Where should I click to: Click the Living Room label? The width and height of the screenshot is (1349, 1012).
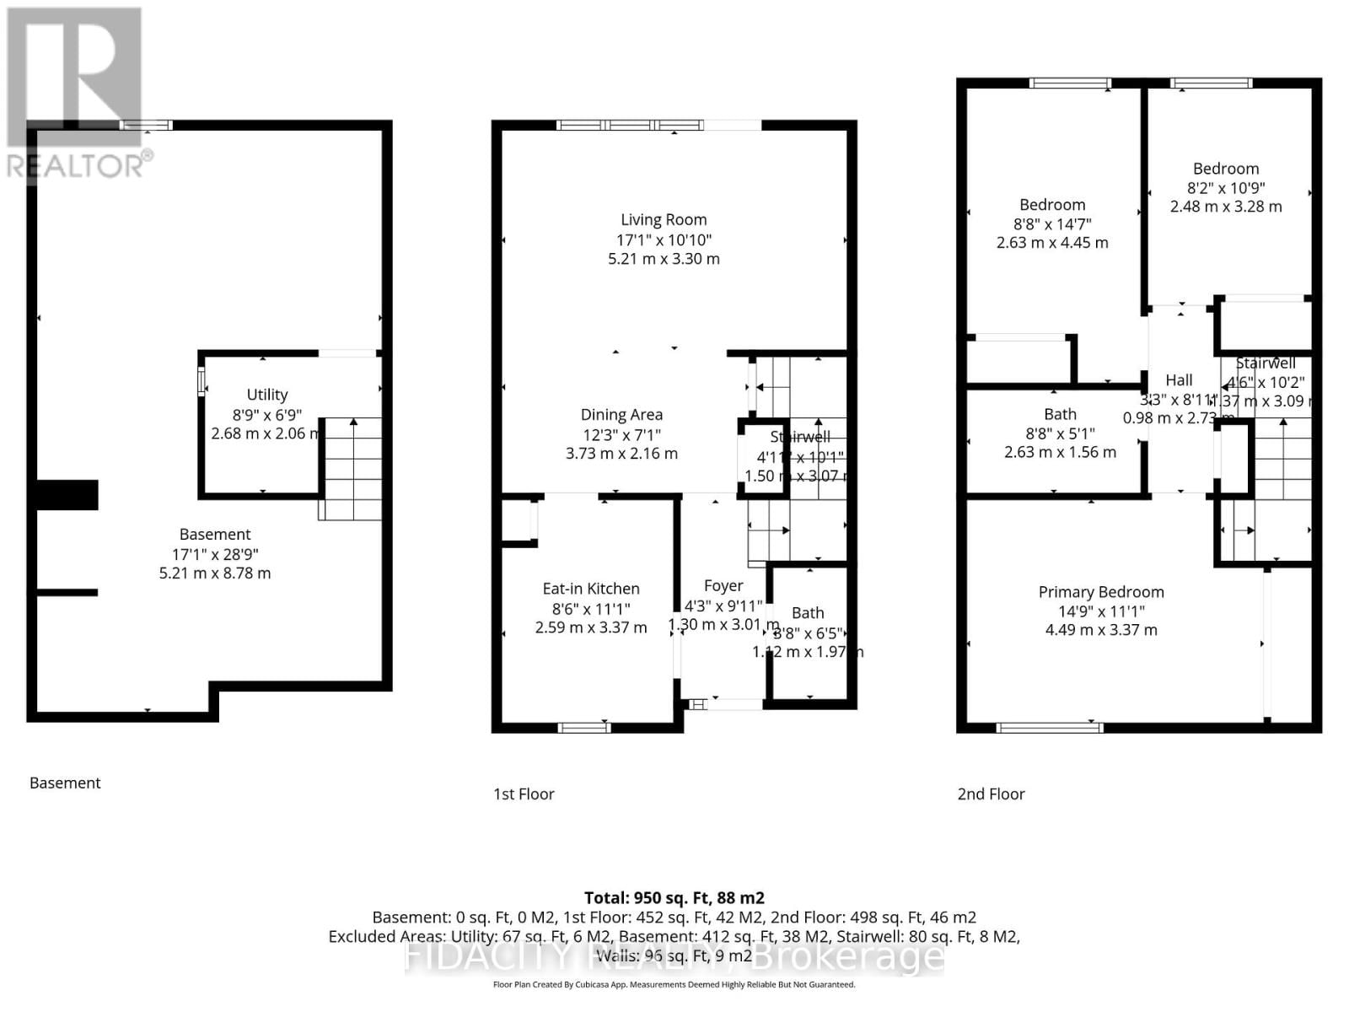point(664,220)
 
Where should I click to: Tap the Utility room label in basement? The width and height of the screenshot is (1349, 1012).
point(267,395)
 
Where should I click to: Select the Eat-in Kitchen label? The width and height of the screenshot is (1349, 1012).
point(590,589)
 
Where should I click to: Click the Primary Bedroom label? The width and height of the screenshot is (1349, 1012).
point(1100,592)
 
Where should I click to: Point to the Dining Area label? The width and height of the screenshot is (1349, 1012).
point(621,415)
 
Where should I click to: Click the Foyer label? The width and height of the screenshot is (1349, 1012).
point(723,585)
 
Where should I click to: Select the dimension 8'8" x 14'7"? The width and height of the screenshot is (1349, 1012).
point(1052,223)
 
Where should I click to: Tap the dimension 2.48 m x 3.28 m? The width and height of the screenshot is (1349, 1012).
point(1225,207)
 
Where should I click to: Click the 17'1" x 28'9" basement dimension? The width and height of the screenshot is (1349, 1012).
point(215,554)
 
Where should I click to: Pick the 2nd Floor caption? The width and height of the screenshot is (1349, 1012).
point(991,794)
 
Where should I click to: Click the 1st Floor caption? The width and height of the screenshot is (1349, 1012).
point(524,794)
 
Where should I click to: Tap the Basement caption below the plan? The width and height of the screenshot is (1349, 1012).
point(65,783)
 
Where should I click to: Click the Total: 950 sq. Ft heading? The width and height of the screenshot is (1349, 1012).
point(674,898)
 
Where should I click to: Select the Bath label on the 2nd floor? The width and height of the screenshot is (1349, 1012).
point(1060,415)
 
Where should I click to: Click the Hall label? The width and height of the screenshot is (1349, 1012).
point(1179,380)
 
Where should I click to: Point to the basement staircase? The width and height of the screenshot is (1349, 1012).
point(351,468)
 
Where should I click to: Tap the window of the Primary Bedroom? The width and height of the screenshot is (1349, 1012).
point(1049,726)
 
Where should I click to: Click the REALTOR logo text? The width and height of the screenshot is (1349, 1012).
point(76,165)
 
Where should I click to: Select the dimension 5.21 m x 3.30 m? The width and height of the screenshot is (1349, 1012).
point(664,259)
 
